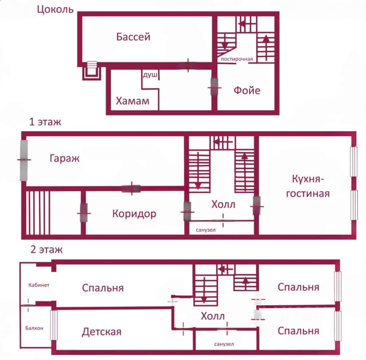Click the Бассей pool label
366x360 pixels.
click(133, 37)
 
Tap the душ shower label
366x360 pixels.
click(150, 75)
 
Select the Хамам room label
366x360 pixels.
click(133, 101)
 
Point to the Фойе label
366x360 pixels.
click(247, 90)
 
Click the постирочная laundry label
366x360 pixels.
click(237, 59)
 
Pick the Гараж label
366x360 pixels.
click(65, 158)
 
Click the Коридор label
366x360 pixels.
click(134, 214)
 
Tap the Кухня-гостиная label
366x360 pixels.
click(308, 186)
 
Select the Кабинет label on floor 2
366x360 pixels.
click(39, 285)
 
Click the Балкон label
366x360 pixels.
click(34, 328)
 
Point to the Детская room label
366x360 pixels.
click(102, 332)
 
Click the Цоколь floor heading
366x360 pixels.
click(55, 10)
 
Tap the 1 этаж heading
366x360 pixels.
click(45, 122)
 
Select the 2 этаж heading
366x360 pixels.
click(47, 249)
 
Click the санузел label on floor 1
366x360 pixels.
click(206, 230)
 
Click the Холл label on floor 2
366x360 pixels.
click(213, 316)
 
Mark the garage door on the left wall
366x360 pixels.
click(24, 160)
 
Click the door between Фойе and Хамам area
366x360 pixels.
click(215, 87)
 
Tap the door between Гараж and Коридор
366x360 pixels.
click(131, 188)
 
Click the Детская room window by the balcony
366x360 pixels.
click(54, 325)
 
